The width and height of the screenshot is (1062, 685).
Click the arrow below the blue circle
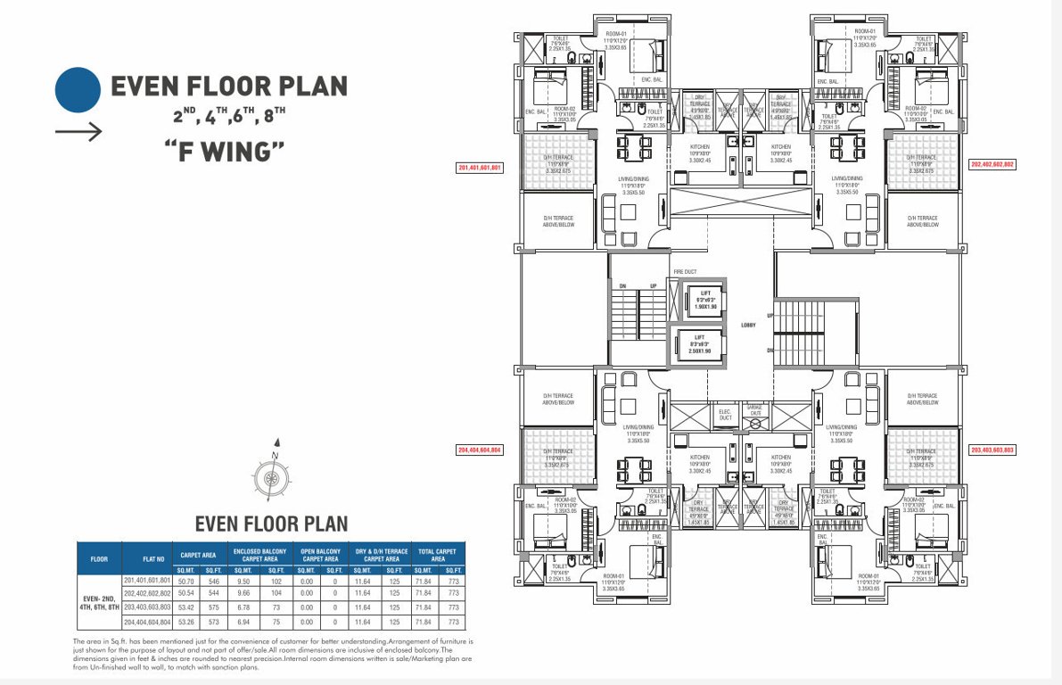pyautogui.click(x=78, y=132)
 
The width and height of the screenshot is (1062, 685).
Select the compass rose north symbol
pyautogui.click(x=270, y=476)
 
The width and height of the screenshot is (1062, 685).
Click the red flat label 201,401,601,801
pyautogui.click(x=481, y=167)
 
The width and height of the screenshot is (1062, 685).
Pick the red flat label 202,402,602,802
pyautogui.click(x=992, y=165)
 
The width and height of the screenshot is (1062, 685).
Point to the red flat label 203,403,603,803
pyautogui.click(x=992, y=450)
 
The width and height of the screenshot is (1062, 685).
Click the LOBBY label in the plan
pyautogui.click(x=747, y=325)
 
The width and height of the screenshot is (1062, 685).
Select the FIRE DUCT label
pyautogui.click(x=685, y=271)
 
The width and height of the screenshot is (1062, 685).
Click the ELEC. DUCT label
pyautogui.click(x=724, y=414)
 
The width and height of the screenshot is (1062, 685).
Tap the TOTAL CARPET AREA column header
pyautogui.click(x=437, y=555)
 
